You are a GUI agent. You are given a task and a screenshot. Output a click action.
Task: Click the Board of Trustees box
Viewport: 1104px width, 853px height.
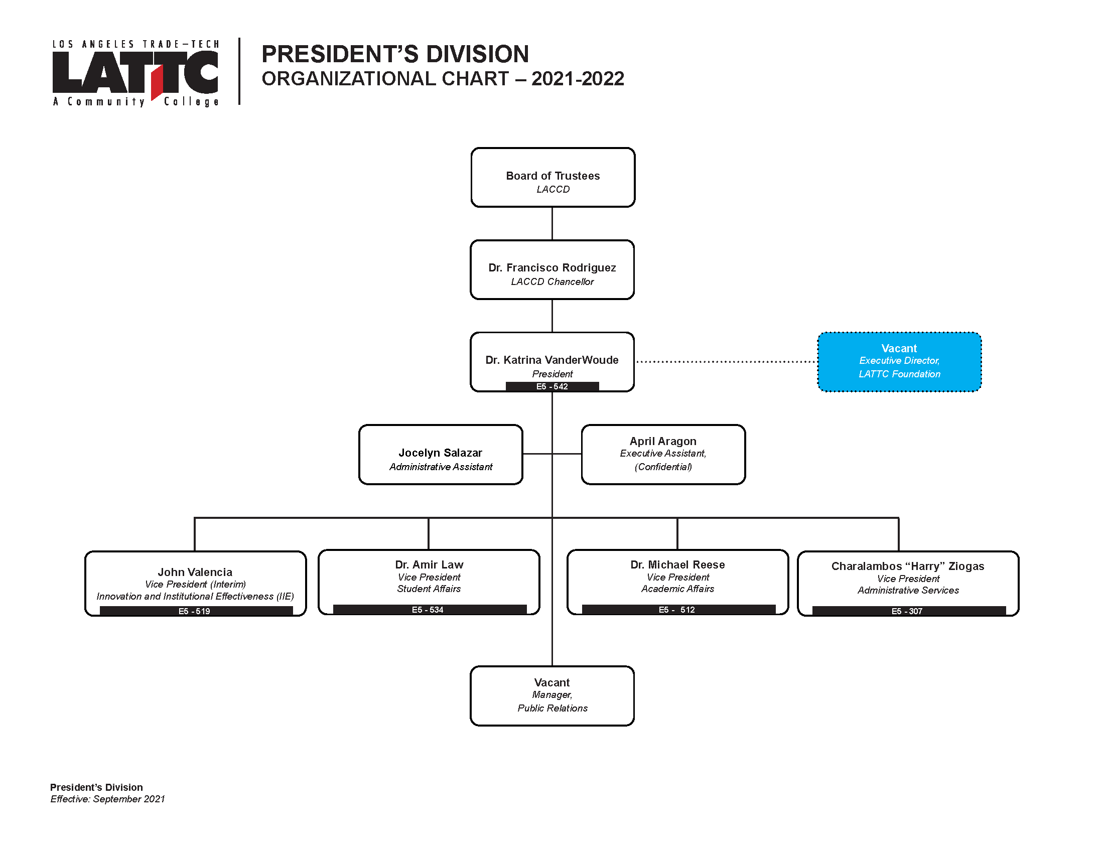pyautogui.click(x=553, y=177)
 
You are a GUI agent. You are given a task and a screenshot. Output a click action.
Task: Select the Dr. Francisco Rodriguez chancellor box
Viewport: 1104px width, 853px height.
pyautogui.click(x=552, y=270)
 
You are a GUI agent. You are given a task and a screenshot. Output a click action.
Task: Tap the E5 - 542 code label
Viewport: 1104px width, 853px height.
pyautogui.click(x=552, y=386)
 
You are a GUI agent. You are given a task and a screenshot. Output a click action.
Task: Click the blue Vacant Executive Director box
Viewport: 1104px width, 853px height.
pyautogui.click(x=899, y=362)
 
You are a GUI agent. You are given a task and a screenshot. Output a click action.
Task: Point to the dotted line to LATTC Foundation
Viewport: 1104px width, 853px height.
pyautogui.click(x=726, y=362)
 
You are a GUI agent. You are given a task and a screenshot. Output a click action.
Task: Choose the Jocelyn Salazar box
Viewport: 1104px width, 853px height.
pyautogui.click(x=440, y=455)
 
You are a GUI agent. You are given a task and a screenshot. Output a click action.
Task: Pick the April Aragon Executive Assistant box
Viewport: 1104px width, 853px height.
pyautogui.click(x=663, y=455)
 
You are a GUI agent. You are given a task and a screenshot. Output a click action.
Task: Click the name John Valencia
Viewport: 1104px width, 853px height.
pyautogui.click(x=195, y=572)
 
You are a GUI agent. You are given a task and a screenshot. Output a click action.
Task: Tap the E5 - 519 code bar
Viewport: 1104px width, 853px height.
pyautogui.click(x=196, y=611)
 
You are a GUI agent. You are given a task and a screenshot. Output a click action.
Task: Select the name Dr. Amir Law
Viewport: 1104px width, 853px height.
pyautogui.click(x=429, y=564)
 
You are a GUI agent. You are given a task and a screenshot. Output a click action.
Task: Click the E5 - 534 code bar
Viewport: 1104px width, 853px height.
pyautogui.click(x=430, y=610)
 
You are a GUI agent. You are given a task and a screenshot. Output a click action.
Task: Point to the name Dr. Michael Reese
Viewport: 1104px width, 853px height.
pyautogui.click(x=677, y=564)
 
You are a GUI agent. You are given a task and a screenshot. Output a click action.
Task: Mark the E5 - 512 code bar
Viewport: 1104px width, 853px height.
pyautogui.click(x=678, y=610)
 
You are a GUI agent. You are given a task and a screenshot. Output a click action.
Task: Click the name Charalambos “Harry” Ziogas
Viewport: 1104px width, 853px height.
pyautogui.click(x=908, y=566)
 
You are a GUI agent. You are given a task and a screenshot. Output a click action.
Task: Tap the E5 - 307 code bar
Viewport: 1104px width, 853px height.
pyautogui.click(x=909, y=611)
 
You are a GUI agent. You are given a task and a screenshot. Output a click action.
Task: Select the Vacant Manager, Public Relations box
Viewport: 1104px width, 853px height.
pyautogui.click(x=552, y=696)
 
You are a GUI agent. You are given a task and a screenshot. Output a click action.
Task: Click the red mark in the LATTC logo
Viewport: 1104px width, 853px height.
pyautogui.click(x=157, y=81)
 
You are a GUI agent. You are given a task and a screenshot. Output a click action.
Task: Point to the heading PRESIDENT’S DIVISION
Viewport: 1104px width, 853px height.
pyautogui.click(x=395, y=54)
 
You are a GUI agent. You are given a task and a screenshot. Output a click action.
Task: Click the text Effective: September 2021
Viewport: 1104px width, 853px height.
pyautogui.click(x=108, y=799)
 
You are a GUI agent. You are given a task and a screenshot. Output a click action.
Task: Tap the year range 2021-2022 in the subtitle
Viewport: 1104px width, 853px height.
pyautogui.click(x=578, y=79)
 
